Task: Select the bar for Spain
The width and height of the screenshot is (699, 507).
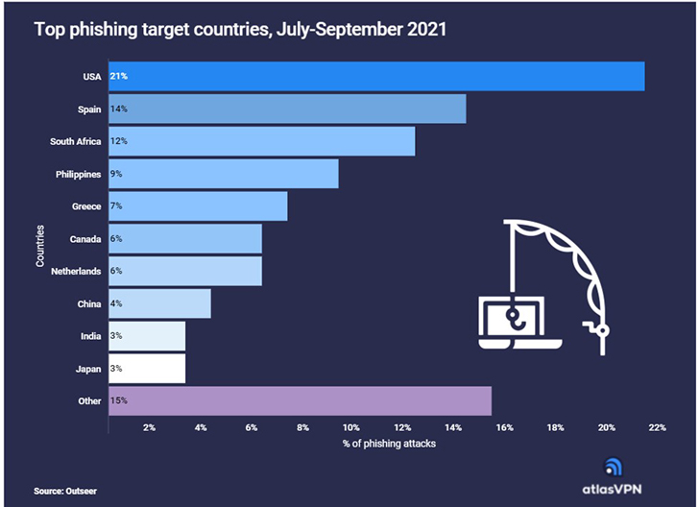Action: pyautogui.click(x=287, y=109)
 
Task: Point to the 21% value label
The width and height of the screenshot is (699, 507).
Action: pyautogui.click(x=119, y=76)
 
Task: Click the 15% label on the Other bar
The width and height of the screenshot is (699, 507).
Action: pyautogui.click(x=119, y=400)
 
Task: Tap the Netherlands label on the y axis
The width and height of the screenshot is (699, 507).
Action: pyautogui.click(x=77, y=271)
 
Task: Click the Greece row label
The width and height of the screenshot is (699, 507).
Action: pyautogui.click(x=86, y=206)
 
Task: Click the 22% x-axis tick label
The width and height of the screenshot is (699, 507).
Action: pyautogui.click(x=657, y=427)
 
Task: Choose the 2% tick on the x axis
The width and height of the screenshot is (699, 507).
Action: pyautogui.click(x=149, y=427)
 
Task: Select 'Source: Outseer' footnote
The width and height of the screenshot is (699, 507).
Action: pyautogui.click(x=65, y=491)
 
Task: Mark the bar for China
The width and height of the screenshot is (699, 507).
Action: pyautogui.click(x=159, y=303)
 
